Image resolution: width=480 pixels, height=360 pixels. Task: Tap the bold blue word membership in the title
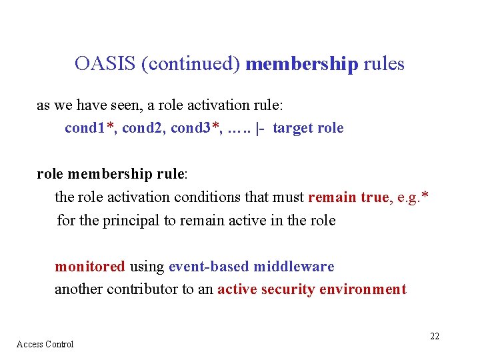pyautogui.click(x=302, y=64)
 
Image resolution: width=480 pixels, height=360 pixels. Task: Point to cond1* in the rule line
pyautogui.click(x=89, y=128)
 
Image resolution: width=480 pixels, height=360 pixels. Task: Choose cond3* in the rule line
pyautogui.click(x=196, y=128)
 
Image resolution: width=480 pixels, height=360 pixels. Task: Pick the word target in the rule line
pyautogui.click(x=292, y=128)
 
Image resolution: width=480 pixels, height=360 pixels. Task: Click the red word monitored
pyautogui.click(x=89, y=267)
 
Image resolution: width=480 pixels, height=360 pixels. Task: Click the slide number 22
pyautogui.click(x=434, y=336)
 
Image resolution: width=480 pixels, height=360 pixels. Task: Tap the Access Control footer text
pyautogui.click(x=45, y=344)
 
